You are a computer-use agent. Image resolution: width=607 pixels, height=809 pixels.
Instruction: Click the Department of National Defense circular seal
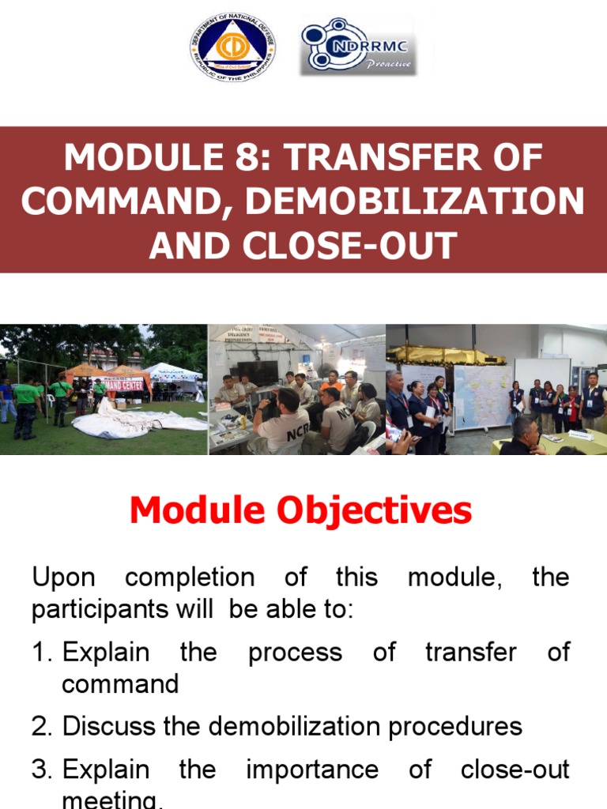coord(233,47)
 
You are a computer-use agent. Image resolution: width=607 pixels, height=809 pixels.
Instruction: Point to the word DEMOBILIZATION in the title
coord(415,202)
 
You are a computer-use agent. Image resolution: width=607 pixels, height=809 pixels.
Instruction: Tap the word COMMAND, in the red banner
coord(127,202)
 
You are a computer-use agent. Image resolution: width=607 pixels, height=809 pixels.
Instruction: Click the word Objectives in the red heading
coord(375,510)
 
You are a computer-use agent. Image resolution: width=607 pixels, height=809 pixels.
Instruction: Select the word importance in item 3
coord(312,769)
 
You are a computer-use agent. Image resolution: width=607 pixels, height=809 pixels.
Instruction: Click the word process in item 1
coord(295,653)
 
